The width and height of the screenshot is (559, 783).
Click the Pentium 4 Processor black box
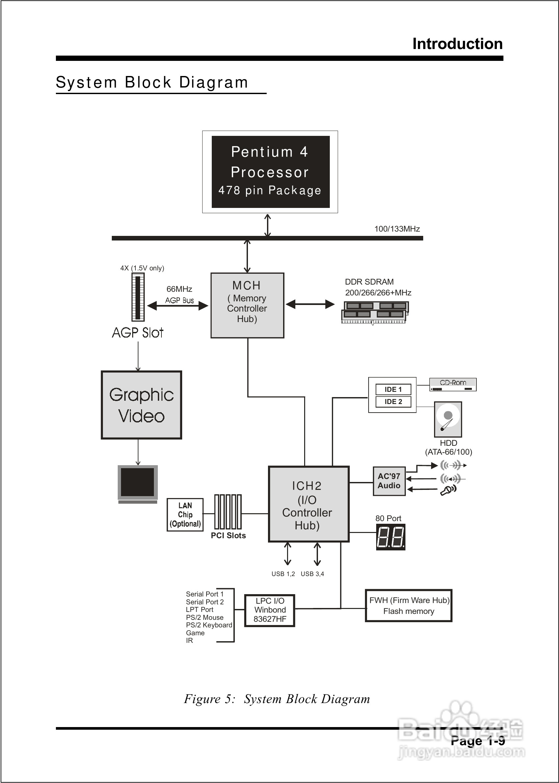pos(270,171)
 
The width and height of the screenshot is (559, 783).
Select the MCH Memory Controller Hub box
pos(247,305)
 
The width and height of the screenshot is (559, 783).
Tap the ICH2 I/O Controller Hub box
pos(308,504)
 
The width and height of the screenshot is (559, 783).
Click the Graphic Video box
pos(141,405)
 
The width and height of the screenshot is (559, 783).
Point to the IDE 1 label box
pos(393,390)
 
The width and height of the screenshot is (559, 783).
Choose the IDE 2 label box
pos(393,401)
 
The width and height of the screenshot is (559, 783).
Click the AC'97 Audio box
pos(389,481)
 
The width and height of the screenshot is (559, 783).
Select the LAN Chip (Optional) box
pos(185,515)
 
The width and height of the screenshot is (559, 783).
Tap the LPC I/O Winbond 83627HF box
pos(270,610)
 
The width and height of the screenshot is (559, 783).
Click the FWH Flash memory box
pos(408,606)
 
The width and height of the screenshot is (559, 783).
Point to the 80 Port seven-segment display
pos(390,537)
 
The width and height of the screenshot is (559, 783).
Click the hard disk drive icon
pos(448,419)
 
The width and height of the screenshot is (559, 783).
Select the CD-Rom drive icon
pos(453,384)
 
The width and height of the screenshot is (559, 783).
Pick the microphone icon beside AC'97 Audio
pos(448,490)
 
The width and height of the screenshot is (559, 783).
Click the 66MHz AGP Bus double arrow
pos(178,305)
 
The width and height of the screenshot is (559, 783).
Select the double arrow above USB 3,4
pos(317,554)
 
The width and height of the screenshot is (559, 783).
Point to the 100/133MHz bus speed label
pos(397,229)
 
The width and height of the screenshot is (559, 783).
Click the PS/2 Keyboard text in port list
pos(209,625)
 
